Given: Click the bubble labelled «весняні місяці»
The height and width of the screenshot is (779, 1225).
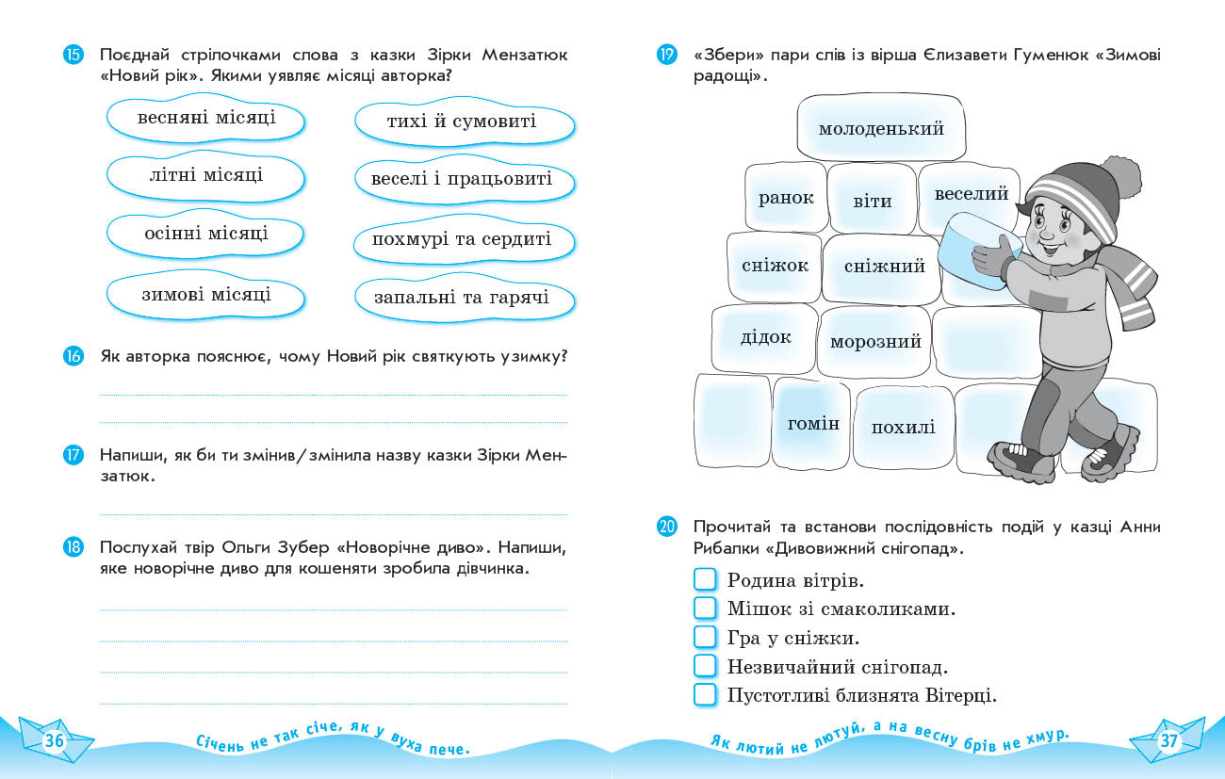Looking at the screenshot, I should [x=205, y=119].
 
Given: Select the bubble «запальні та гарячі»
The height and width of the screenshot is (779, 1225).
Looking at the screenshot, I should [x=462, y=299].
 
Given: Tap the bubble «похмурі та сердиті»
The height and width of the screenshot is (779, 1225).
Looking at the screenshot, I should [x=462, y=239].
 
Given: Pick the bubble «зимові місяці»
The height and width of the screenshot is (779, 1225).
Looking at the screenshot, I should [x=205, y=295].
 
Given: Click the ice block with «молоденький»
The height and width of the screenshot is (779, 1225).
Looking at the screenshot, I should [x=881, y=129].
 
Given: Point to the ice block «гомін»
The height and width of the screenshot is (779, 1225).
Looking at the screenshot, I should [x=812, y=424].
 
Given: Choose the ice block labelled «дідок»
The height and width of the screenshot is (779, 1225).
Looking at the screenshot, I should [x=765, y=337].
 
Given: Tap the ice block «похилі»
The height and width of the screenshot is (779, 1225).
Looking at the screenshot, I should [x=903, y=428].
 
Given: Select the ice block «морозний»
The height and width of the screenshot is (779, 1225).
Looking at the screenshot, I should [x=874, y=342].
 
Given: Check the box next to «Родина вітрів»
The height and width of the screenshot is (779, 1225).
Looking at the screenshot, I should [x=705, y=579].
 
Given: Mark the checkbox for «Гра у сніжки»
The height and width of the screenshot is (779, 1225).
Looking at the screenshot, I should [x=705, y=638].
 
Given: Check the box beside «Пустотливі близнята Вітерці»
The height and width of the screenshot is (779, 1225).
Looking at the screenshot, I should [x=705, y=695].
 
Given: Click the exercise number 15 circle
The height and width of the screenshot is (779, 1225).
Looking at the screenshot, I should [x=73, y=55].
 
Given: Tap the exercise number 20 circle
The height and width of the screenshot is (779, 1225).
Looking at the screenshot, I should [x=667, y=527].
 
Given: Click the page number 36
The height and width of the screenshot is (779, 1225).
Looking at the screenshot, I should [x=55, y=741].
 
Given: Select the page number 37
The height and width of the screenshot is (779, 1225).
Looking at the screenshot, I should [x=1168, y=741].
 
